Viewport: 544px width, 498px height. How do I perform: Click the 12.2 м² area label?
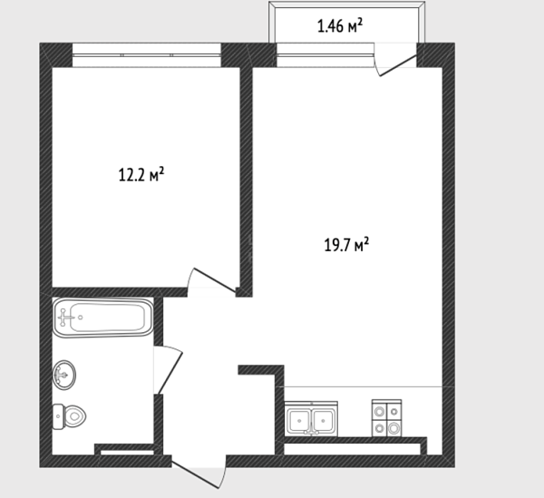[x=141, y=174]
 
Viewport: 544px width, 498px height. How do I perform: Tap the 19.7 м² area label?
[x=346, y=245]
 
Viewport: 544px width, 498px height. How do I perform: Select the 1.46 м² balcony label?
[x=340, y=25]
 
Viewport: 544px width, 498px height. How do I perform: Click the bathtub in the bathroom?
[x=102, y=317]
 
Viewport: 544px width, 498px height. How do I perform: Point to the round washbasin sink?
[x=63, y=375]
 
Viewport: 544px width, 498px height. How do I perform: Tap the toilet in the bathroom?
[x=69, y=416]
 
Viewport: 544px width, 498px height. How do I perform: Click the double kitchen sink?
[x=311, y=419]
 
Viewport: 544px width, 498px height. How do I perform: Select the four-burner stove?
[x=387, y=418]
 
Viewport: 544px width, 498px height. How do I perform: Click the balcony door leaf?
[x=398, y=65]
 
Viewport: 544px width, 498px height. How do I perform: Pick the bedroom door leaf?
[x=214, y=279]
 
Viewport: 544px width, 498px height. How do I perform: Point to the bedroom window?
[x=146, y=54]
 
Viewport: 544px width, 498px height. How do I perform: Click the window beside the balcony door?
[x=325, y=54]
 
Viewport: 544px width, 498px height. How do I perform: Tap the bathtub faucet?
[x=64, y=317]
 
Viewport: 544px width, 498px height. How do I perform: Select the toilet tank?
[x=58, y=416]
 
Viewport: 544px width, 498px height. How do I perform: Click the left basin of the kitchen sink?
[x=299, y=421]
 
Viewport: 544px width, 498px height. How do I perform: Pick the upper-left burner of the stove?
[x=380, y=412]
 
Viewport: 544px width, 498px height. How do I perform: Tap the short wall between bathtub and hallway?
[x=158, y=321]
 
